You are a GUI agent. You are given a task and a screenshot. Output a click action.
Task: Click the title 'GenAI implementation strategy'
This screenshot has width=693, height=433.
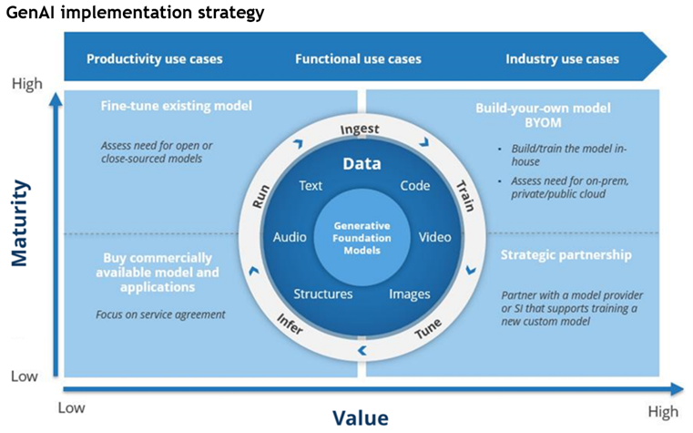coord(136,13)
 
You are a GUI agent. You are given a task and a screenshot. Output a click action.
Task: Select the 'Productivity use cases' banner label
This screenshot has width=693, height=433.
coord(154,59)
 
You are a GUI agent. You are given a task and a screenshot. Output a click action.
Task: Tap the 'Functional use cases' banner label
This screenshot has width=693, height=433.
coord(358,59)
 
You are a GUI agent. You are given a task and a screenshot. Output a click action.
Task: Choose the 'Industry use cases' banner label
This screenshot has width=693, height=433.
coord(562,59)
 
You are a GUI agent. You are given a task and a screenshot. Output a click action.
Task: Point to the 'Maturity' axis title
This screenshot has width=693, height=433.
coord(20,222)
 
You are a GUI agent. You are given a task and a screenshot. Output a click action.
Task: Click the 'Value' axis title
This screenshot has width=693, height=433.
coord(360,418)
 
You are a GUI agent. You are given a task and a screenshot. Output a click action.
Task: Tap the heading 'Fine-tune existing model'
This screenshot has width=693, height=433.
coord(176,106)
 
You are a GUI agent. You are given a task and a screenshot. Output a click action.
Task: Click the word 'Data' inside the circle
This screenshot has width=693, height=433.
coord(361,165)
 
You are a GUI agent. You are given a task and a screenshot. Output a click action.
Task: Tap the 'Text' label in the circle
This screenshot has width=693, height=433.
coord(311,186)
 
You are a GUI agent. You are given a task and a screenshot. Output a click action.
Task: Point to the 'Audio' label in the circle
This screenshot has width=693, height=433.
coord(290,238)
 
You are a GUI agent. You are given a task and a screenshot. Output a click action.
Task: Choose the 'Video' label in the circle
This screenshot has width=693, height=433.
coord(434,238)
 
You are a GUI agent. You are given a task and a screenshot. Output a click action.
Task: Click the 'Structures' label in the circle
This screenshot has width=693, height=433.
coord(323,294)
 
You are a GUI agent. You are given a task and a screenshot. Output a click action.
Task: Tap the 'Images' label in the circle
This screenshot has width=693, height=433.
coord(409,294)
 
